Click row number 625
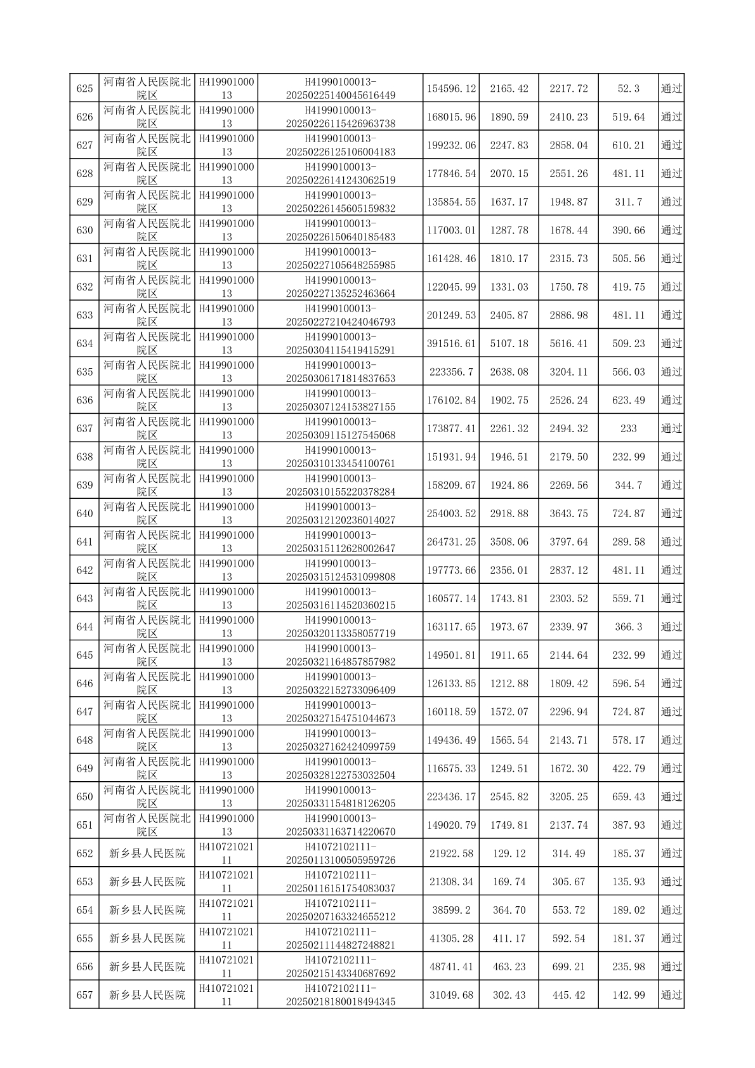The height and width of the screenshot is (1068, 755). pos(84,89)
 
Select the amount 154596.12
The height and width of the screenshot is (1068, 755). pos(451,89)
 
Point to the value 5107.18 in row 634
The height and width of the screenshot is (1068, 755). pos(509,343)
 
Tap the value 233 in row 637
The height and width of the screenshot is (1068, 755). pos(628,428)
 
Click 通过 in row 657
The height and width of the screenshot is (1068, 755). pos(671,995)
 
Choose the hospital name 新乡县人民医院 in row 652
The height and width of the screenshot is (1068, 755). pos(147,854)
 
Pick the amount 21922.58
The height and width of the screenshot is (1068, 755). pos(451,854)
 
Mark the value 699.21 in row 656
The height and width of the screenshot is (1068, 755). pos(568,966)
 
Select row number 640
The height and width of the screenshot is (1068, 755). pos(84,513)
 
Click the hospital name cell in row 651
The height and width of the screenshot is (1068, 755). pos(147,825)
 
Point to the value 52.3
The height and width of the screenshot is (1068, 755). pos(628,89)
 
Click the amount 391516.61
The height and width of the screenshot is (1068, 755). pos(451,343)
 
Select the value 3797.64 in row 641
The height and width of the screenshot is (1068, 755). pos(568,542)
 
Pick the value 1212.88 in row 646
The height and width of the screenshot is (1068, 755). pos(509,683)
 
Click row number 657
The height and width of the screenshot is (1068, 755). pos(84,995)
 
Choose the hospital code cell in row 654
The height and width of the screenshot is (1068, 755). pos(226,910)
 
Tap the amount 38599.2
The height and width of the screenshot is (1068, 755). pos(451,910)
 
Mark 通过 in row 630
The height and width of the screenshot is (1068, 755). pos(671,230)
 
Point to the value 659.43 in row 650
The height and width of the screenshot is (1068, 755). pos(628,796)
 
